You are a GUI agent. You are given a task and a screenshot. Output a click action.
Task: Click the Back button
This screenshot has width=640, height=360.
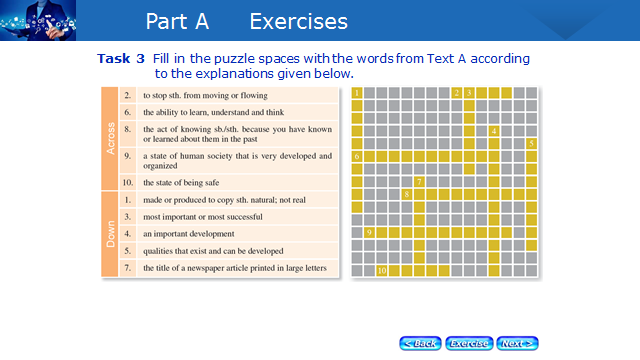pos(420,343)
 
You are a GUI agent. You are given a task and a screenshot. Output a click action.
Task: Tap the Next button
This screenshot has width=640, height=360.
pos(517,343)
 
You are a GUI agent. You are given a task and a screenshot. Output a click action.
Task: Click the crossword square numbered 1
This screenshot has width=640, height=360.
pos(357,93)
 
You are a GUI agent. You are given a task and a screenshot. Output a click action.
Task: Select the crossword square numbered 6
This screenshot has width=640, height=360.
pos(357,156)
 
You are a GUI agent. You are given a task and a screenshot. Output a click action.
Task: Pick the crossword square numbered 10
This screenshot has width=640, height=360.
pos(382,270)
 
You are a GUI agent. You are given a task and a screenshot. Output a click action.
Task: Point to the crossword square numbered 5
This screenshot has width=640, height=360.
pos(531,144)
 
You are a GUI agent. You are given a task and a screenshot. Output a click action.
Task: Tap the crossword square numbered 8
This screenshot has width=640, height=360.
pos(407,194)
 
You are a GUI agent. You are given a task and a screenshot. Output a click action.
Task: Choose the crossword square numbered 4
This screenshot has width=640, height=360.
pos(494,131)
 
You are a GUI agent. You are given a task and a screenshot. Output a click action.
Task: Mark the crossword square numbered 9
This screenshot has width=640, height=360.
pos(369,232)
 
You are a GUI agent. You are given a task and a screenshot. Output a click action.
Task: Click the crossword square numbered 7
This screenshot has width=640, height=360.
pos(419,182)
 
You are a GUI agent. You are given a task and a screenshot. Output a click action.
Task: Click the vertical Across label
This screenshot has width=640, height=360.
pos(110,138)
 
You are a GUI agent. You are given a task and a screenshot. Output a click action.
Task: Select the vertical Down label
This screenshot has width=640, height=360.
pos(110,234)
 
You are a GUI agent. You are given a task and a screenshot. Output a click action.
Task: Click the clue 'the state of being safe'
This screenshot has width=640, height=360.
pos(181,182)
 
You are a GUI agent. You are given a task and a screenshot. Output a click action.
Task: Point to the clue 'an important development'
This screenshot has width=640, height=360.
pos(189,234)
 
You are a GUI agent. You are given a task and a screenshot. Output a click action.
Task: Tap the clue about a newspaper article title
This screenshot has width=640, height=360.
pos(235,268)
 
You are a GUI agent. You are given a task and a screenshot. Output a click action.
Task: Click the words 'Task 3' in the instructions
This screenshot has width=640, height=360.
pos(121,59)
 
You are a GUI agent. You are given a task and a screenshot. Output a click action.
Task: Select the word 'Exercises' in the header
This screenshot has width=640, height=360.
pos(298,21)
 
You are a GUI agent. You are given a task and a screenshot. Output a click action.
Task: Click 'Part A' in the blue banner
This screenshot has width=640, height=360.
pos(177,21)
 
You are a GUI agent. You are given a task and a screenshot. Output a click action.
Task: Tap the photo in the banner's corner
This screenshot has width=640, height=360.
pos(38,20)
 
